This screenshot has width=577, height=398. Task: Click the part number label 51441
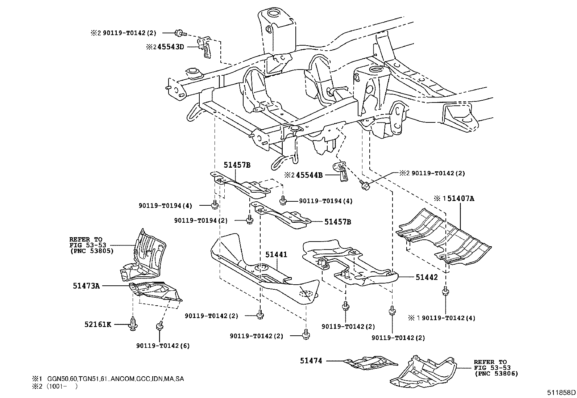276,255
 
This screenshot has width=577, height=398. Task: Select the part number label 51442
427,277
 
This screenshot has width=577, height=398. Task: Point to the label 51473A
86,286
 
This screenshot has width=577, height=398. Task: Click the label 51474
311,361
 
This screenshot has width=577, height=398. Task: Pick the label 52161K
98,324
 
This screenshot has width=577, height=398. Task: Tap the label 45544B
309,175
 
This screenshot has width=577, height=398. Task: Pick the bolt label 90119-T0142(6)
163,345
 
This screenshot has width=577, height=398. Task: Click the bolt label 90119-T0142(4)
448,318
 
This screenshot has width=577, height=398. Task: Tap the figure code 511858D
561,392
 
